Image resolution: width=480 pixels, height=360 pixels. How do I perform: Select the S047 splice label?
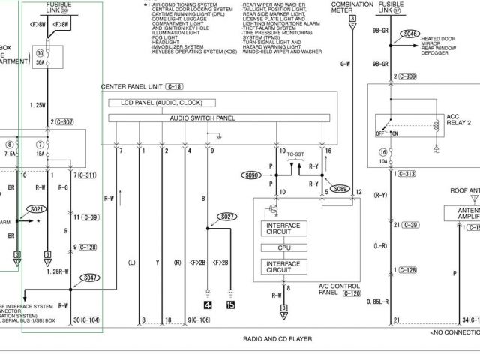click(x=89, y=277)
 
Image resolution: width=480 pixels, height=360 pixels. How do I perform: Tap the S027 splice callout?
click(x=227, y=217)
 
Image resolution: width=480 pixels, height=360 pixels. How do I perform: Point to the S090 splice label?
click(x=250, y=175)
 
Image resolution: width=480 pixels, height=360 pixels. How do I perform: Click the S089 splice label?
click(x=341, y=188)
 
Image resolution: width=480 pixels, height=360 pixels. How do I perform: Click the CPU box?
click(x=283, y=247)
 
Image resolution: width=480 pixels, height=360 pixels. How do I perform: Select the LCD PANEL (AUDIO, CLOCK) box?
click(x=161, y=103)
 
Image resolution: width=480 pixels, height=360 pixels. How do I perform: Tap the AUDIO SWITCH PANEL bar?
click(x=202, y=118)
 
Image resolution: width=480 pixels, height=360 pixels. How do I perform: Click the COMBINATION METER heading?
click(x=352, y=7)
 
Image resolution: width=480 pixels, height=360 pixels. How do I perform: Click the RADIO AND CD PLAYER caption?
click(x=277, y=339)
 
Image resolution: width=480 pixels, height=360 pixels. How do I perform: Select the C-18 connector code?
click(x=175, y=87)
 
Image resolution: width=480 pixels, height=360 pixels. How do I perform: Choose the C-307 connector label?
click(x=65, y=121)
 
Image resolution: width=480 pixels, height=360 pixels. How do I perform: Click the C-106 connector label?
click(x=201, y=320)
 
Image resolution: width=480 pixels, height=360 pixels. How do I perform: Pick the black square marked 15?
click(x=230, y=304)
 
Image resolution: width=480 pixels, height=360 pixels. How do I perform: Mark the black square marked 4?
click(x=206, y=304)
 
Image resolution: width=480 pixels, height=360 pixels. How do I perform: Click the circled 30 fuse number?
click(x=40, y=53)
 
